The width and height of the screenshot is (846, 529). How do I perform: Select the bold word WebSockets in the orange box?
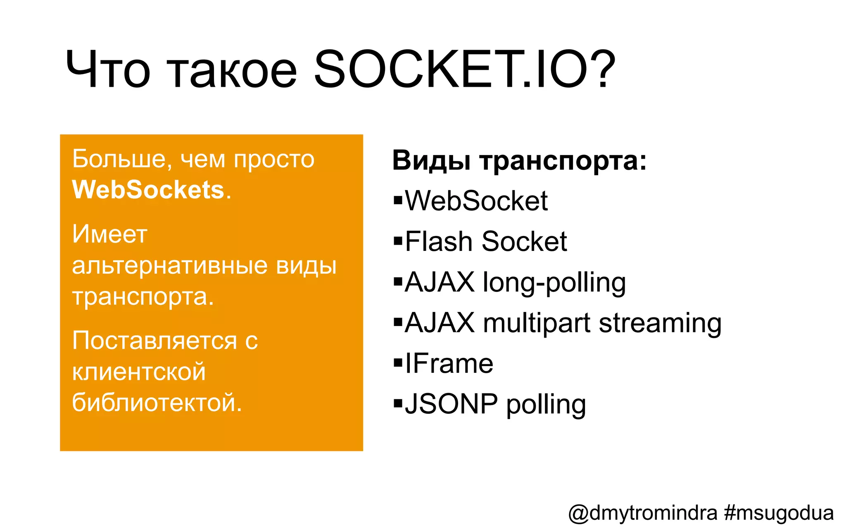click(x=148, y=190)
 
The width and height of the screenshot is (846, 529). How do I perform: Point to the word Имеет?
click(x=109, y=234)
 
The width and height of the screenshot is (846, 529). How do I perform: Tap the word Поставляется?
click(x=154, y=341)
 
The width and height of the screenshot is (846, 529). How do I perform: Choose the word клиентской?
click(x=139, y=372)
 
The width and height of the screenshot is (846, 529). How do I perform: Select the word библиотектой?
click(x=157, y=402)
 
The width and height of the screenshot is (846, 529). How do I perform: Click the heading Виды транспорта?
click(x=519, y=160)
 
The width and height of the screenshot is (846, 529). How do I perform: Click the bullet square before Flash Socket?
click(x=398, y=241)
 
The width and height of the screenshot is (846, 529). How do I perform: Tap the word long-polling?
click(x=554, y=283)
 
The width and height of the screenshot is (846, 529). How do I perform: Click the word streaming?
click(x=660, y=323)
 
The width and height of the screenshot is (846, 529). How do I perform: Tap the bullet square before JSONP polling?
click(x=398, y=403)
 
